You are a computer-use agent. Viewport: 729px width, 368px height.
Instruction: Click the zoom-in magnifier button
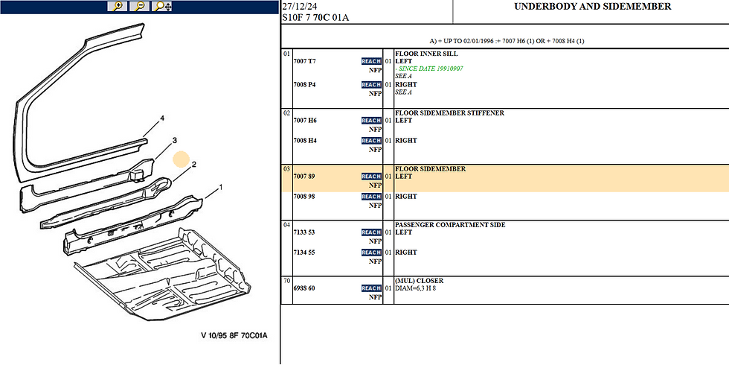point(118,7)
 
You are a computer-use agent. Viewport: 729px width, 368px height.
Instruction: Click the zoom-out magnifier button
point(140,7)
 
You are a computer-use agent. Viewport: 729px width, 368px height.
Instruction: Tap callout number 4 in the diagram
point(162,118)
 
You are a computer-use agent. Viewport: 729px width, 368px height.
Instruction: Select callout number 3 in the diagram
point(174,140)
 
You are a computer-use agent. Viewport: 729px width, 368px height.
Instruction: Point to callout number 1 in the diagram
point(221,187)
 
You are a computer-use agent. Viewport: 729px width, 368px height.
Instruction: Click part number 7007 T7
point(304,62)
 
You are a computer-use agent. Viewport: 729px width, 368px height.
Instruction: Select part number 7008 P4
point(304,85)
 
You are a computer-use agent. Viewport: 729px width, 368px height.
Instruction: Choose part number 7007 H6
point(305,121)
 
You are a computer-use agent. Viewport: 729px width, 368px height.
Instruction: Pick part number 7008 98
point(304,197)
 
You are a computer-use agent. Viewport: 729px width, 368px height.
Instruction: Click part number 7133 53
point(304,232)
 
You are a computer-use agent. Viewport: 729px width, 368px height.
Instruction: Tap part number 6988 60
point(304,288)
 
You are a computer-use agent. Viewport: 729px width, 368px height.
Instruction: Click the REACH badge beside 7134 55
point(371,253)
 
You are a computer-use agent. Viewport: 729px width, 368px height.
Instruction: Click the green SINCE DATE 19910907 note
point(429,69)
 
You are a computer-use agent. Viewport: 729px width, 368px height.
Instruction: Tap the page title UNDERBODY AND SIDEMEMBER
point(593,7)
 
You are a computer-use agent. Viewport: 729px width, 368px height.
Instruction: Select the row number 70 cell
point(286,281)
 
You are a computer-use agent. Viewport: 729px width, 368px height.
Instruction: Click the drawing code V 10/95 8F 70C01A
point(234,335)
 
